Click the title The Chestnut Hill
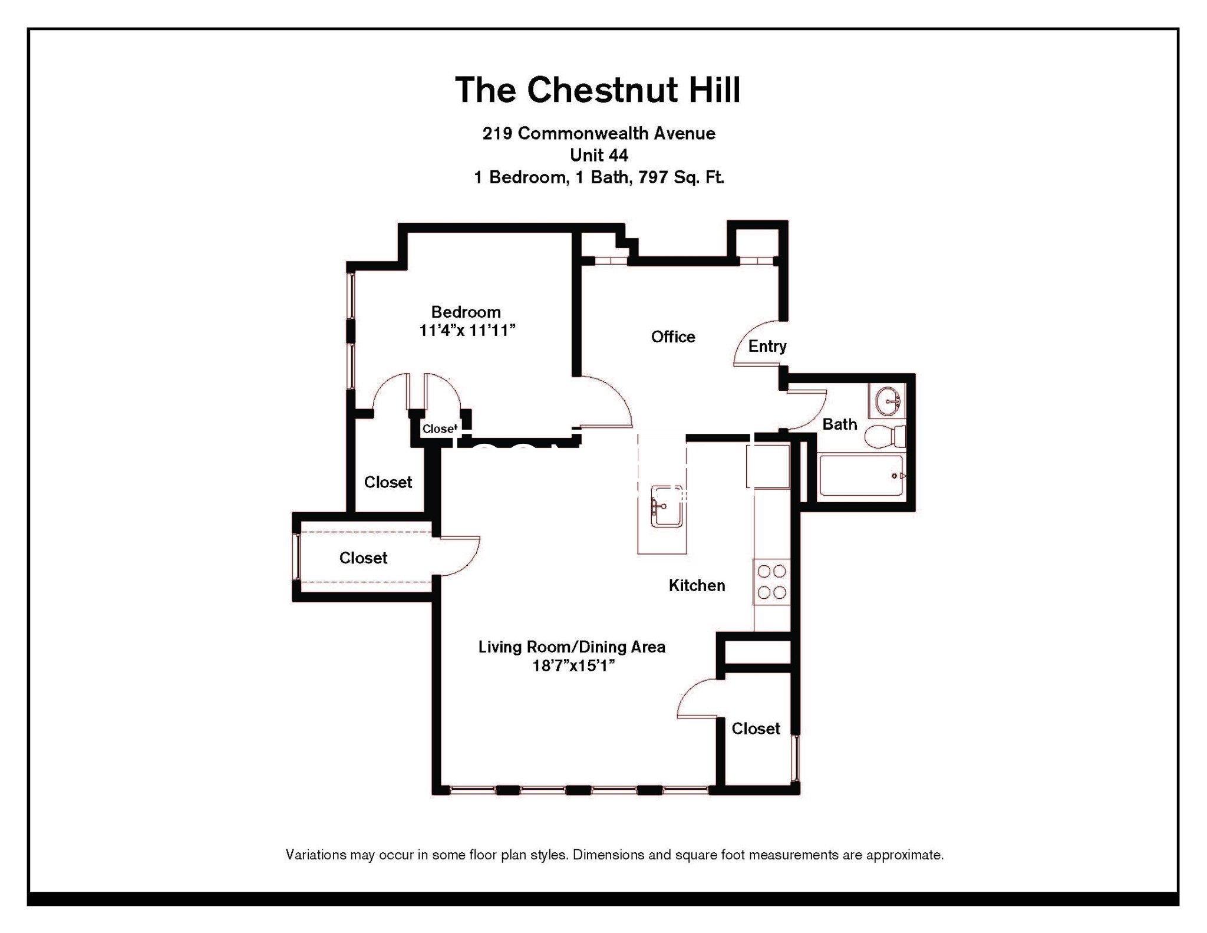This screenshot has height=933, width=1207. tap(598, 90)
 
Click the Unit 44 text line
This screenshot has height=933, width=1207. tap(599, 155)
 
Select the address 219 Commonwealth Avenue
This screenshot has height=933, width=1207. tap(599, 133)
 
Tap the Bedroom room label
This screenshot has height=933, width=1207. tap(466, 312)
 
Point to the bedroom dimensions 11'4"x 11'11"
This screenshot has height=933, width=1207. tap(467, 330)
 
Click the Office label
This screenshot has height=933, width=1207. tap(673, 337)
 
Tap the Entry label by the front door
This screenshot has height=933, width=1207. tap(767, 346)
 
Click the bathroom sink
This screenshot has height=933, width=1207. tap(887, 401)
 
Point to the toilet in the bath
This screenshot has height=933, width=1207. tap(885, 436)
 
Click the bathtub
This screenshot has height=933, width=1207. tap(861, 475)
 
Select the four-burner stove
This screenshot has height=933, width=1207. tap(771, 582)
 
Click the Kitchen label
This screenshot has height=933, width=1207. tap(697, 585)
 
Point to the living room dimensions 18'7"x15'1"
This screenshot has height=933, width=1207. tap(573, 665)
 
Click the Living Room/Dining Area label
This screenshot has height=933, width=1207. tap(572, 647)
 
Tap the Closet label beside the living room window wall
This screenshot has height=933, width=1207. tap(756, 728)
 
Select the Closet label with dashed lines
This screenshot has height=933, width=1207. tap(363, 558)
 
